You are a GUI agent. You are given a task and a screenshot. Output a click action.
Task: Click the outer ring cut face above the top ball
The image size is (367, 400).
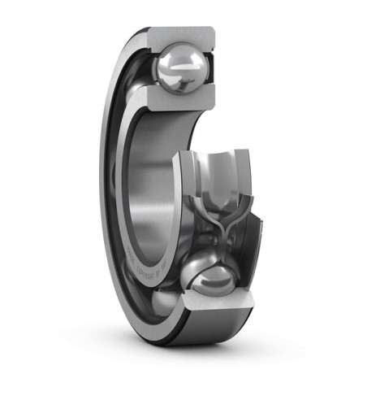(180, 36)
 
